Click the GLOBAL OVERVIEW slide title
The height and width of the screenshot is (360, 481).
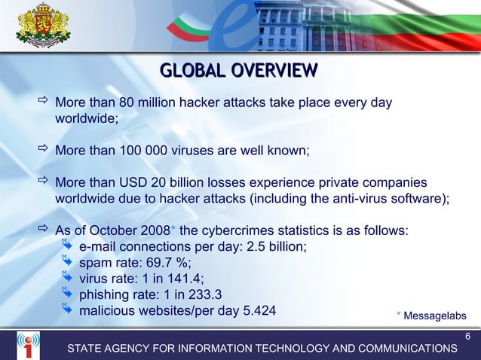point(239,71)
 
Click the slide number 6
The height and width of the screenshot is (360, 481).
point(467,336)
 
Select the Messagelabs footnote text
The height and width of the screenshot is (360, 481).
point(435,316)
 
